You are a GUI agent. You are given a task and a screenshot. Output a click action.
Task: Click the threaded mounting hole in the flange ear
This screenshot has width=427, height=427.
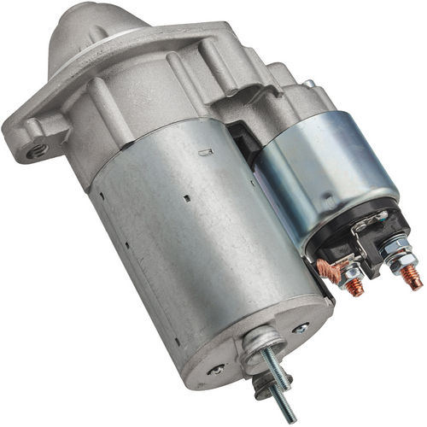coord(35,151)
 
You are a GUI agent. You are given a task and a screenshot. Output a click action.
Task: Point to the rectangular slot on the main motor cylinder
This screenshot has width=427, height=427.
coord(205,154)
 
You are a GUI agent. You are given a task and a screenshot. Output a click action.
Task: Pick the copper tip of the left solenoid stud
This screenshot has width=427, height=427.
coord(354,287)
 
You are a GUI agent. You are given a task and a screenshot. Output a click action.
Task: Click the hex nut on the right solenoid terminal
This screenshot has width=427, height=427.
coord(395,255)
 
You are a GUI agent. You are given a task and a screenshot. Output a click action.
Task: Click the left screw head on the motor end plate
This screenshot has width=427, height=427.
coord(218,369)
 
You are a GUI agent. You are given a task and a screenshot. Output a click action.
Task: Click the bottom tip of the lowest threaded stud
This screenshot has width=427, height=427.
coord(290,417)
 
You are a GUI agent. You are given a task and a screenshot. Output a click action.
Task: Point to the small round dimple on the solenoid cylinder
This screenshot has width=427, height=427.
coord(311,85)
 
